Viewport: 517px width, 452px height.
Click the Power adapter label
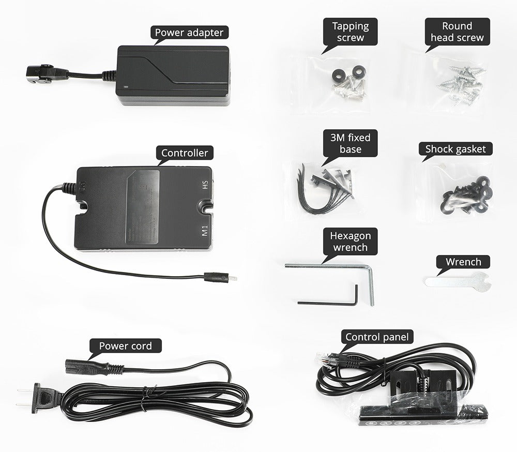coord(190,33)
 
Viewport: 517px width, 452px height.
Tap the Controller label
coord(185,153)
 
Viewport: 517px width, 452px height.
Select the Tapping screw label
coord(350,32)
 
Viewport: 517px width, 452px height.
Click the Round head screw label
coord(457,32)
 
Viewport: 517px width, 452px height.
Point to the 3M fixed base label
coord(350,144)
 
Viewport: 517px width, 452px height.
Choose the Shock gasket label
coord(455,149)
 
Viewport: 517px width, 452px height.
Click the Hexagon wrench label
coord(350,242)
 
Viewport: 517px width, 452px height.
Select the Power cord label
coord(125,345)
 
